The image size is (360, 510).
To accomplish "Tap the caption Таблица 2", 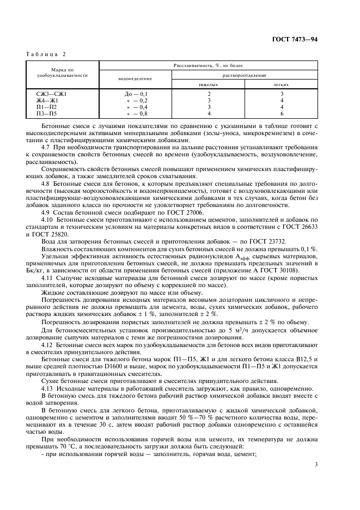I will [x=46, y=55].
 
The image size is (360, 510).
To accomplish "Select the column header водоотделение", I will [x=135, y=79].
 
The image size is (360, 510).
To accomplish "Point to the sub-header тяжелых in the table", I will [x=208, y=85].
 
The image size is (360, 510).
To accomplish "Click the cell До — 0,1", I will [x=136, y=94].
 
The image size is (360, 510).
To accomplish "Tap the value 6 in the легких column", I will [x=281, y=113].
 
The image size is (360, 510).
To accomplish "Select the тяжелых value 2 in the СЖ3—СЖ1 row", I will [x=209, y=94].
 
